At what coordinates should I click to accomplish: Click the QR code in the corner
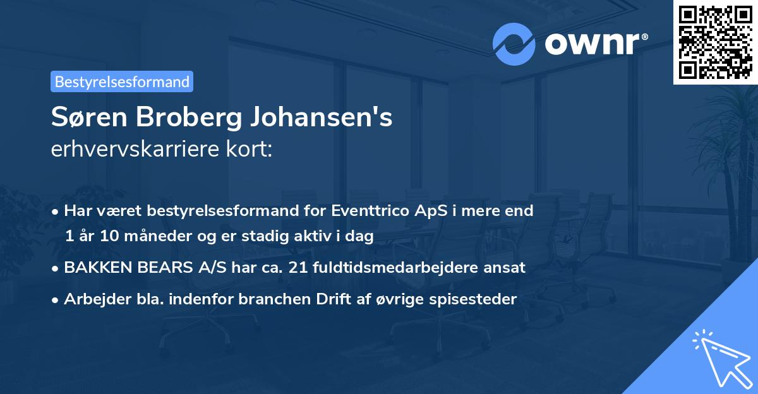point(716,42)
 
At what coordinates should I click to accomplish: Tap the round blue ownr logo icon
point(514,44)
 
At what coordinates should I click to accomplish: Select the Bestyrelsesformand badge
point(122,81)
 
